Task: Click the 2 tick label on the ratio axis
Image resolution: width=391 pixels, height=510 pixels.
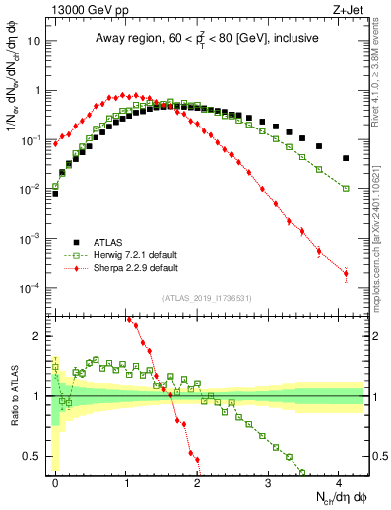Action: tap(40, 336)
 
